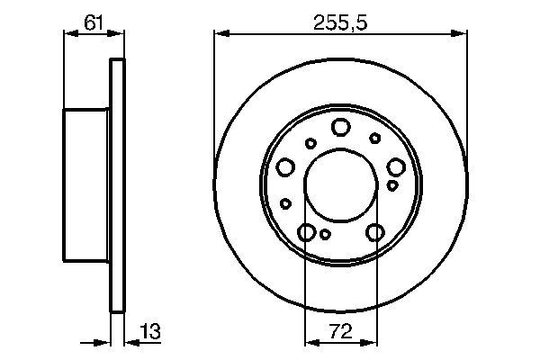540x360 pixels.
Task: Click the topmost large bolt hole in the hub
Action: [340, 127]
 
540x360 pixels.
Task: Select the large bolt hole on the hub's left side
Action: [286, 166]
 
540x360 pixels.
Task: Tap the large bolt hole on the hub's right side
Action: [395, 166]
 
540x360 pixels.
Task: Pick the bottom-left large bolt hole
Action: [307, 233]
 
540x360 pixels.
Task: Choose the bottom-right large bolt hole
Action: [375, 233]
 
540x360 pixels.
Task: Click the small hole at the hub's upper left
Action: [310, 142]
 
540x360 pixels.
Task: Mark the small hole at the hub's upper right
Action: [374, 138]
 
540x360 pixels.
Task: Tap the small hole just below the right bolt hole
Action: [392, 184]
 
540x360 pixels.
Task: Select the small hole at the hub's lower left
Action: [284, 203]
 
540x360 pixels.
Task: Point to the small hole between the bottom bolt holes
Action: [325, 235]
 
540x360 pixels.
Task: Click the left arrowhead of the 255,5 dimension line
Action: [219, 34]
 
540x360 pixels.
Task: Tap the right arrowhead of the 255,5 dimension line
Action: [463, 34]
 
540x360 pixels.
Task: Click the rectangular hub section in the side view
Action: [86, 185]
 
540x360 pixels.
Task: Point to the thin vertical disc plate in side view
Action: [115, 185]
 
